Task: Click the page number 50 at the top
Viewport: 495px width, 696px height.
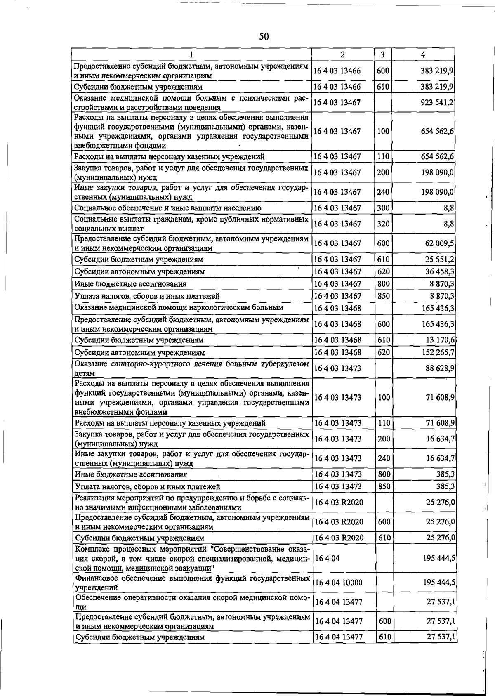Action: point(264,37)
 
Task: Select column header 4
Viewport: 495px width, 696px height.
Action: point(423,54)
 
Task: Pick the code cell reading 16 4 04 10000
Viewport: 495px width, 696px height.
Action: point(338,582)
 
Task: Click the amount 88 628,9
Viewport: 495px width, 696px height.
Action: point(440,368)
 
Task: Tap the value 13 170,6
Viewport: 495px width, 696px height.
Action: point(440,340)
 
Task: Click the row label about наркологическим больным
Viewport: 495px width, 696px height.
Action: point(179,307)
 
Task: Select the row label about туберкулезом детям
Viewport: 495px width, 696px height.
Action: point(191,368)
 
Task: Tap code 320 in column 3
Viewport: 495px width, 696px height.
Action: point(383,224)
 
